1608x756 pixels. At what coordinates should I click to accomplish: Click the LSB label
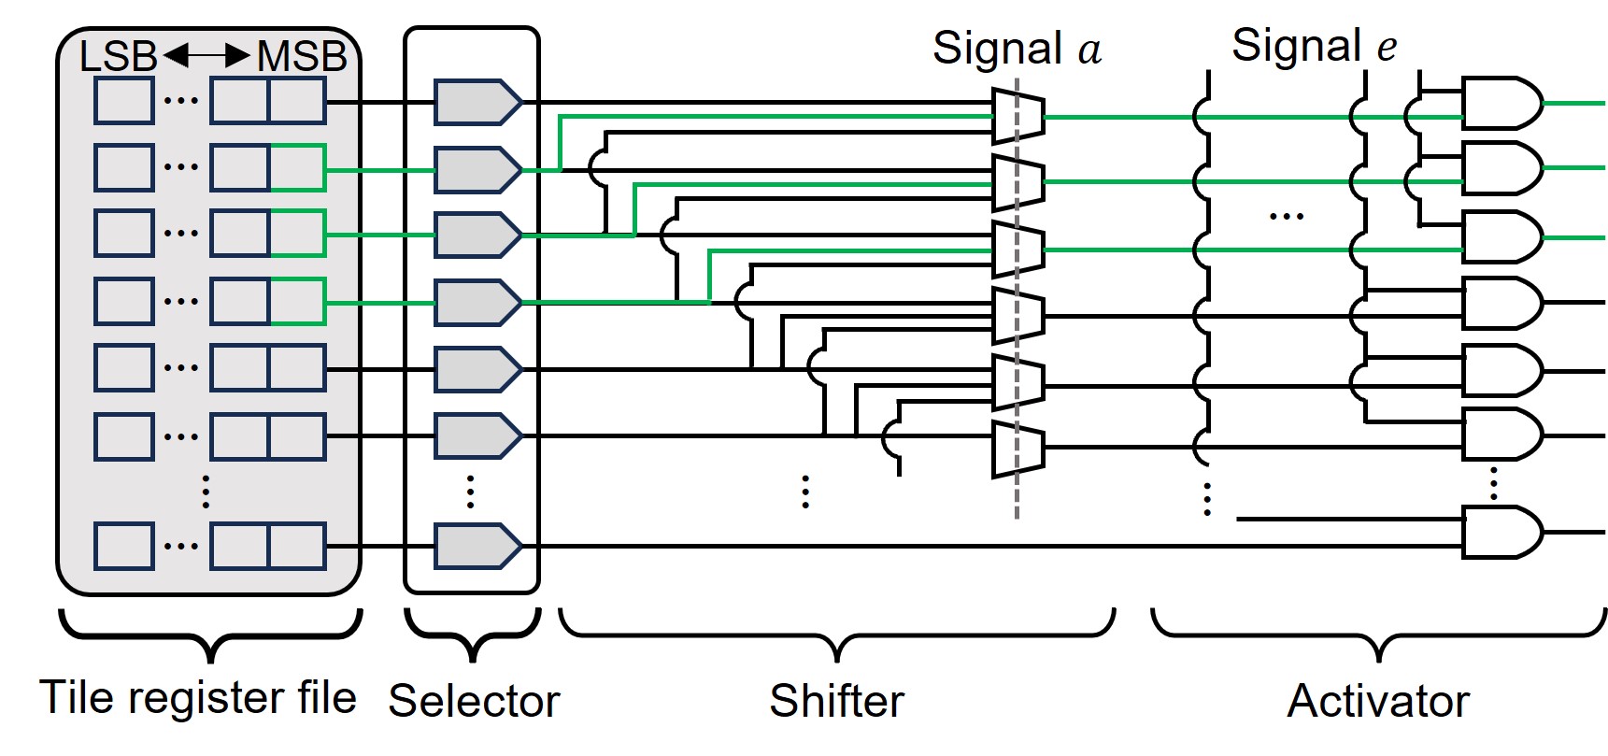[x=118, y=57]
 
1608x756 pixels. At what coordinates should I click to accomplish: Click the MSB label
[x=302, y=57]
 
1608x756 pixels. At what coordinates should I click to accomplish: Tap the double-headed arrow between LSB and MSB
[x=206, y=57]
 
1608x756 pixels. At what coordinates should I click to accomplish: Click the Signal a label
[x=1017, y=49]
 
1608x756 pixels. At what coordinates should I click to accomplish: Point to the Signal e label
[x=1315, y=45]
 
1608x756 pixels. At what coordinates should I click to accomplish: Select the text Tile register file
[x=198, y=697]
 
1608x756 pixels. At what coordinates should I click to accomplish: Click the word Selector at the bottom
[x=474, y=701]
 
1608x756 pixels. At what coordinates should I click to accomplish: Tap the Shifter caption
[x=837, y=701]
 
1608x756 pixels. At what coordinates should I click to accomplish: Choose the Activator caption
[x=1378, y=701]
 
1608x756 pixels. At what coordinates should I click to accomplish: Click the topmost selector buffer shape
[x=477, y=103]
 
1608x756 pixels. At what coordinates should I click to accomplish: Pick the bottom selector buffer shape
[x=477, y=547]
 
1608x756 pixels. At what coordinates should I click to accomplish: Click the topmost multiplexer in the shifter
[x=1018, y=117]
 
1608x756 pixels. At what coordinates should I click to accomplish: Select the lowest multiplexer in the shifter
[x=1018, y=449]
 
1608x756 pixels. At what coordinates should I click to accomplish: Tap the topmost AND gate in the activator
[x=1501, y=103]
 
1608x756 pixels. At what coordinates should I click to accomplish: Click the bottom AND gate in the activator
[x=1501, y=533]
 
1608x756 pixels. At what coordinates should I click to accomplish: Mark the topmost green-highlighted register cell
[x=297, y=168]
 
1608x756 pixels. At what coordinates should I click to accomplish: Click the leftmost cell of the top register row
[x=124, y=102]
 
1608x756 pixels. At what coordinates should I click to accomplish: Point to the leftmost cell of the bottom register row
[x=124, y=547]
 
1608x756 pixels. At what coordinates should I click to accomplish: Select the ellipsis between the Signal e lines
[x=1286, y=217]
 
